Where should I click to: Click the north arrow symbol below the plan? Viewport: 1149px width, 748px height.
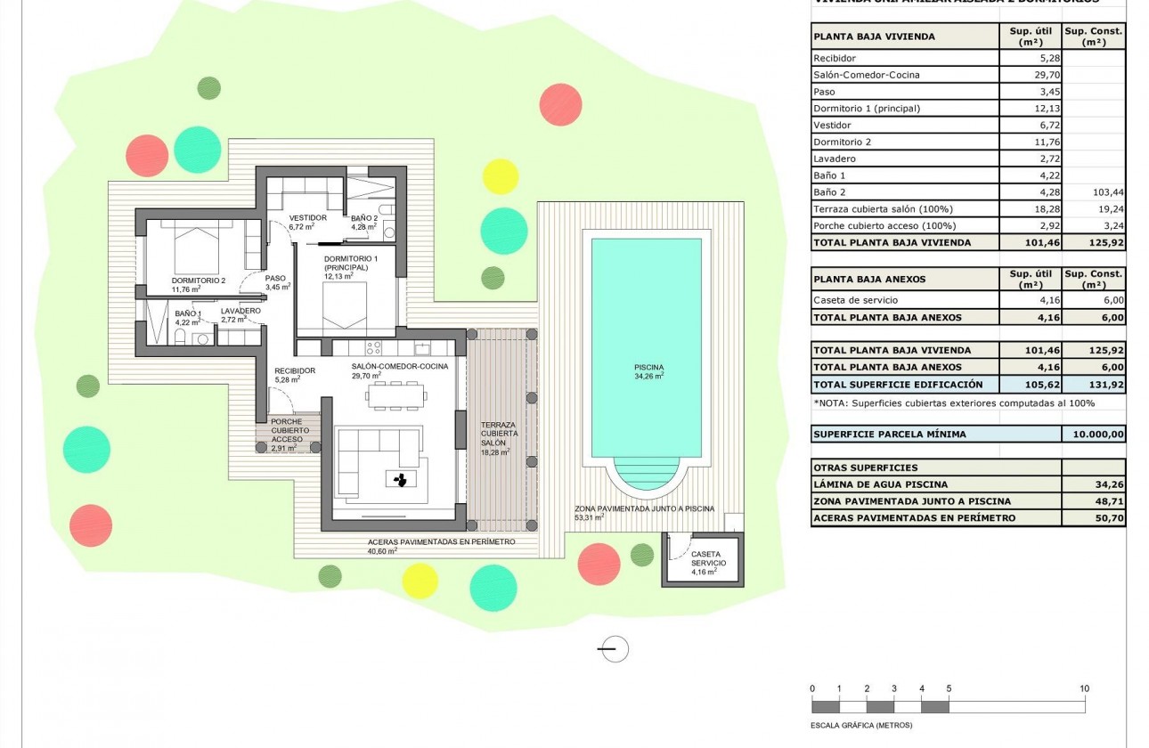tap(613, 649)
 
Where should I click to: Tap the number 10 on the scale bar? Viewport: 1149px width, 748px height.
tap(1084, 688)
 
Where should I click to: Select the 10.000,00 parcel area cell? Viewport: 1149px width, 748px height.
tap(1093, 435)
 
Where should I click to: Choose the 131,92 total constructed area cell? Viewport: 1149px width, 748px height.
tap(1093, 385)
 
